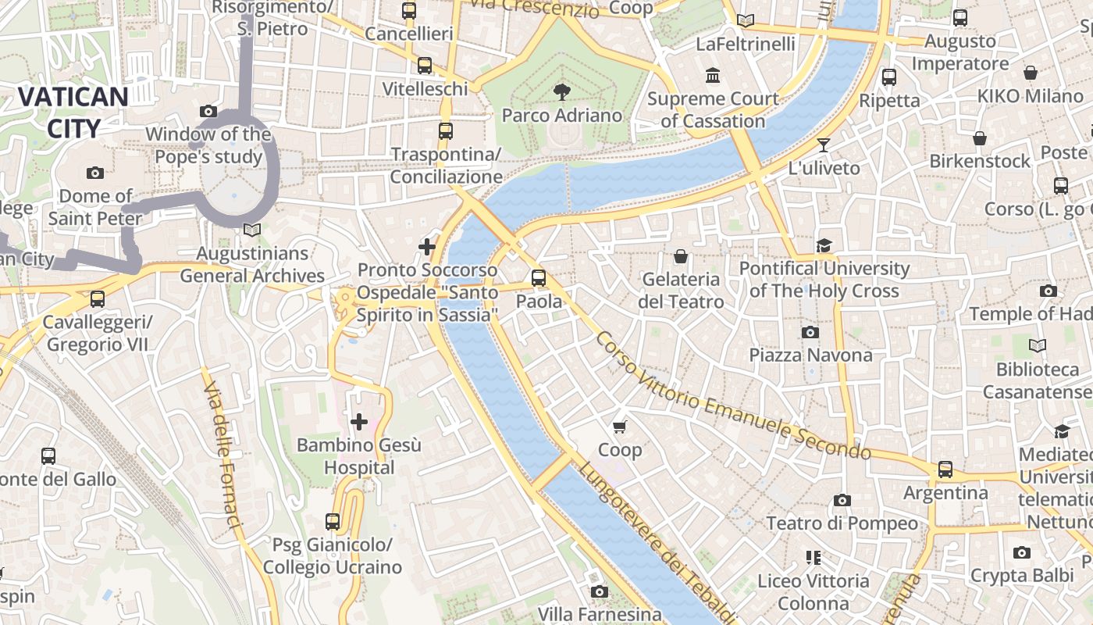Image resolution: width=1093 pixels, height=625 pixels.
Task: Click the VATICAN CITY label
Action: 73,112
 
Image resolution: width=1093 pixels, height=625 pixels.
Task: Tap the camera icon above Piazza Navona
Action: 810,332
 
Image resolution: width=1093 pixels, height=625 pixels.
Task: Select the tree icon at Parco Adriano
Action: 561,92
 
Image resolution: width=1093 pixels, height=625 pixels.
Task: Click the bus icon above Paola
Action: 539,277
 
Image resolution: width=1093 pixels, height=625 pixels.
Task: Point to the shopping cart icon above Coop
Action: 620,427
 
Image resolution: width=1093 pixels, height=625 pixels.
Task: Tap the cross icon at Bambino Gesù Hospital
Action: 359,422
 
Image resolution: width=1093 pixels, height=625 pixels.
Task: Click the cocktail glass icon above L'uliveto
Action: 823,145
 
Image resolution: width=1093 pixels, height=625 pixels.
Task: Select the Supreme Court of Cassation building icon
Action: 712,76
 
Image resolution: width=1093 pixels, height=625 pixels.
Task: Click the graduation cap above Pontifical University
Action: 824,246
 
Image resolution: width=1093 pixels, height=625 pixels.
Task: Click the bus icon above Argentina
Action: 945,470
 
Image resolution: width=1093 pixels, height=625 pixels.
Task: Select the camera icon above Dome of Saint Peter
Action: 95,173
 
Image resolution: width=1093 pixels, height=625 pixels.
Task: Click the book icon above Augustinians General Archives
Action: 251,230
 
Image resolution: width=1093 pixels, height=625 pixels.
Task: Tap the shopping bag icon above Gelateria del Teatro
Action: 681,255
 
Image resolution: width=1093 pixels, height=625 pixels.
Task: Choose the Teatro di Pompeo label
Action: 842,523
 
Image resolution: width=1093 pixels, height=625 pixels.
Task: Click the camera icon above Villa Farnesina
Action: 599,591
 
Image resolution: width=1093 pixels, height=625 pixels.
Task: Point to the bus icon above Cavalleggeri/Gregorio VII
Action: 98,298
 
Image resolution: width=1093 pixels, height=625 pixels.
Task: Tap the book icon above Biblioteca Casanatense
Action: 1037,345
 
